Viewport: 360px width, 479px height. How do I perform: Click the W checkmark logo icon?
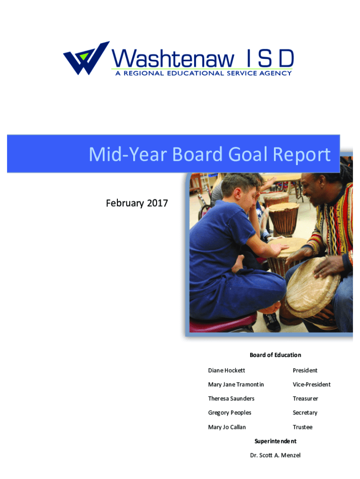pyautogui.click(x=86, y=58)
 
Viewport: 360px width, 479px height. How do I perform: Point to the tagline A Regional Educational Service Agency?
pyautogui.click(x=204, y=73)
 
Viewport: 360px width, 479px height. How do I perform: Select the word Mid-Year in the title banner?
pyautogui.click(x=128, y=154)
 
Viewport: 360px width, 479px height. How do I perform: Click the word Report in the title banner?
pyautogui.click(x=302, y=154)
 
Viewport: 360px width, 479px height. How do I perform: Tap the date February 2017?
pyautogui.click(x=137, y=203)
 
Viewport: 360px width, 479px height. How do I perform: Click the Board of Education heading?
pyautogui.click(x=275, y=355)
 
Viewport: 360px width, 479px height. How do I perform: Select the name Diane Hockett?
pyautogui.click(x=227, y=370)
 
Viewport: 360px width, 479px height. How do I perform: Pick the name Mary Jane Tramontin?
pyautogui.click(x=236, y=385)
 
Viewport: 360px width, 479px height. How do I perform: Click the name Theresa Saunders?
pyautogui.click(x=231, y=399)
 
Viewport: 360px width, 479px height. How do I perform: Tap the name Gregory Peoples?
pyautogui.click(x=230, y=413)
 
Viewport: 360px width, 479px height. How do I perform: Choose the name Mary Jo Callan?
pyautogui.click(x=227, y=427)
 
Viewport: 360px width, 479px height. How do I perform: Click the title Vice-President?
pyautogui.click(x=311, y=385)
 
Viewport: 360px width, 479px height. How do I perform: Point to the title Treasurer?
pyautogui.click(x=305, y=399)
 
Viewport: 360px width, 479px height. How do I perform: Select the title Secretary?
pyautogui.click(x=305, y=413)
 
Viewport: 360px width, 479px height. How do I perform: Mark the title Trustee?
pyautogui.click(x=302, y=427)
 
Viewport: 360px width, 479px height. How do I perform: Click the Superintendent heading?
pyautogui.click(x=275, y=441)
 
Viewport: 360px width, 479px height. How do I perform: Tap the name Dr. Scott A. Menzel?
pyautogui.click(x=275, y=455)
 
